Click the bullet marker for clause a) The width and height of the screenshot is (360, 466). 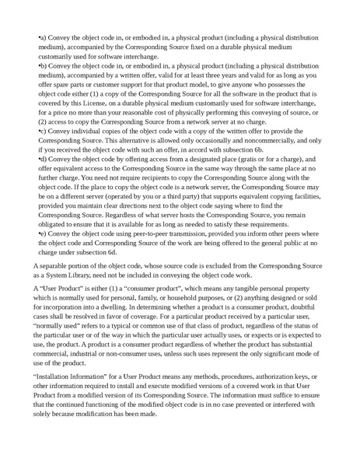click(x=40, y=37)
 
